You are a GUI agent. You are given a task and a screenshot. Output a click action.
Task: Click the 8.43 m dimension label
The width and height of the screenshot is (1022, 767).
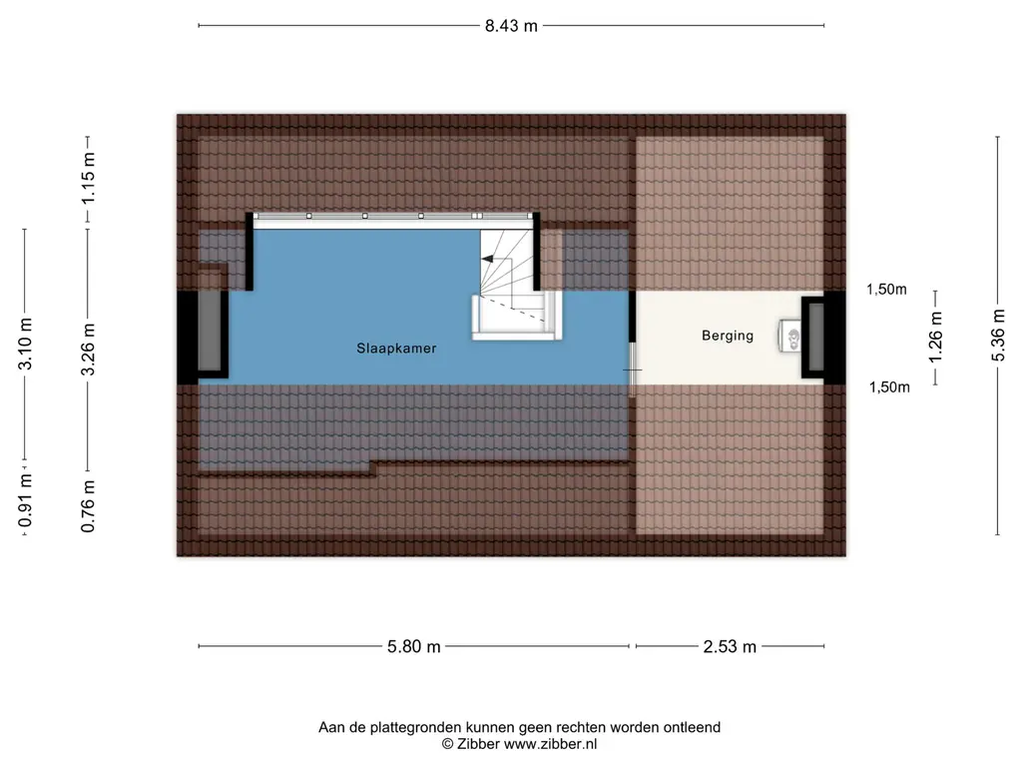pos(511,25)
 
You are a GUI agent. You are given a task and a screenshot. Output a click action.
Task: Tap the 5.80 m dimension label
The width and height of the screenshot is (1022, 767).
pos(414,646)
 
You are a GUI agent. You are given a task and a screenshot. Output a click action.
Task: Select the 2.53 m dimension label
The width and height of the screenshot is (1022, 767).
pos(730,646)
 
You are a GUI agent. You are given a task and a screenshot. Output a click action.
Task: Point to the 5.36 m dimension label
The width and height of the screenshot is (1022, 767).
pos(998,336)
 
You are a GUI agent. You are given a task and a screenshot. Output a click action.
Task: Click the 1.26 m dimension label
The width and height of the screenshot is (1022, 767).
pos(935,338)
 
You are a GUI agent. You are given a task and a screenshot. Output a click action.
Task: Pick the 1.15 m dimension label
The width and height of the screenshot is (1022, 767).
pos(88,178)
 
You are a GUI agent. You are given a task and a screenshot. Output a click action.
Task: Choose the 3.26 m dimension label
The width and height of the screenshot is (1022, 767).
pos(88,350)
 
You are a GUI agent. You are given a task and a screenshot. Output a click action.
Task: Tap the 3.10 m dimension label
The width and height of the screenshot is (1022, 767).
pos(25,344)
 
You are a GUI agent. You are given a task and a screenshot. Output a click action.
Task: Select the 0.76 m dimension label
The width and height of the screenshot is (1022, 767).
pos(88,506)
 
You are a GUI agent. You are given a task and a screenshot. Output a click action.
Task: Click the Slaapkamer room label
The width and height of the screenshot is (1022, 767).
pos(396,349)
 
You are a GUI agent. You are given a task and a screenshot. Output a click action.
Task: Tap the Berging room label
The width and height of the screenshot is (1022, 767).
pos(728,336)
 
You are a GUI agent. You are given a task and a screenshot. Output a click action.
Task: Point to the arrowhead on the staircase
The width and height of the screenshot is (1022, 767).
pos(487,259)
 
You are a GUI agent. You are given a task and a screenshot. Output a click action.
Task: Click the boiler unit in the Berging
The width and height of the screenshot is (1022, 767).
pos(790,337)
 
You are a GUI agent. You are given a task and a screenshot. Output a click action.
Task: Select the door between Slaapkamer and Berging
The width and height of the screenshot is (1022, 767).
pos(632,370)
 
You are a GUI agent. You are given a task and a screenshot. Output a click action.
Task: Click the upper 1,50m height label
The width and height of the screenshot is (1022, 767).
pos(886,290)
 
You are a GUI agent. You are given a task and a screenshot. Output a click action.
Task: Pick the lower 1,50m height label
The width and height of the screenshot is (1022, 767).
pos(889,387)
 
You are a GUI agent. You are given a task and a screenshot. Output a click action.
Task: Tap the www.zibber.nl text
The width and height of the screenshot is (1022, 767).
pos(550,744)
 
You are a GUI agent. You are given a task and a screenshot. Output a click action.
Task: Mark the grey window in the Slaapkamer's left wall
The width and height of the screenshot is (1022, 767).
pos(210,335)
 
